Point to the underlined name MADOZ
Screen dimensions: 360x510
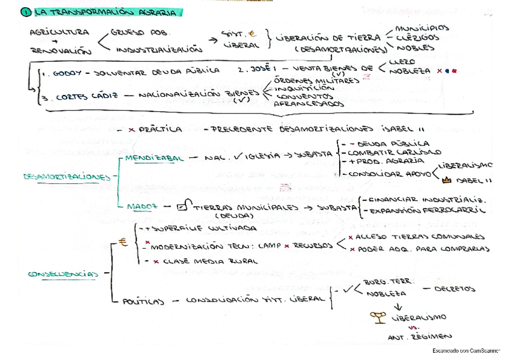[x=142, y=206]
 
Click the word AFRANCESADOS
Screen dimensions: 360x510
[x=309, y=104]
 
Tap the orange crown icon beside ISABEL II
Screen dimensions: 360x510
[x=446, y=179]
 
